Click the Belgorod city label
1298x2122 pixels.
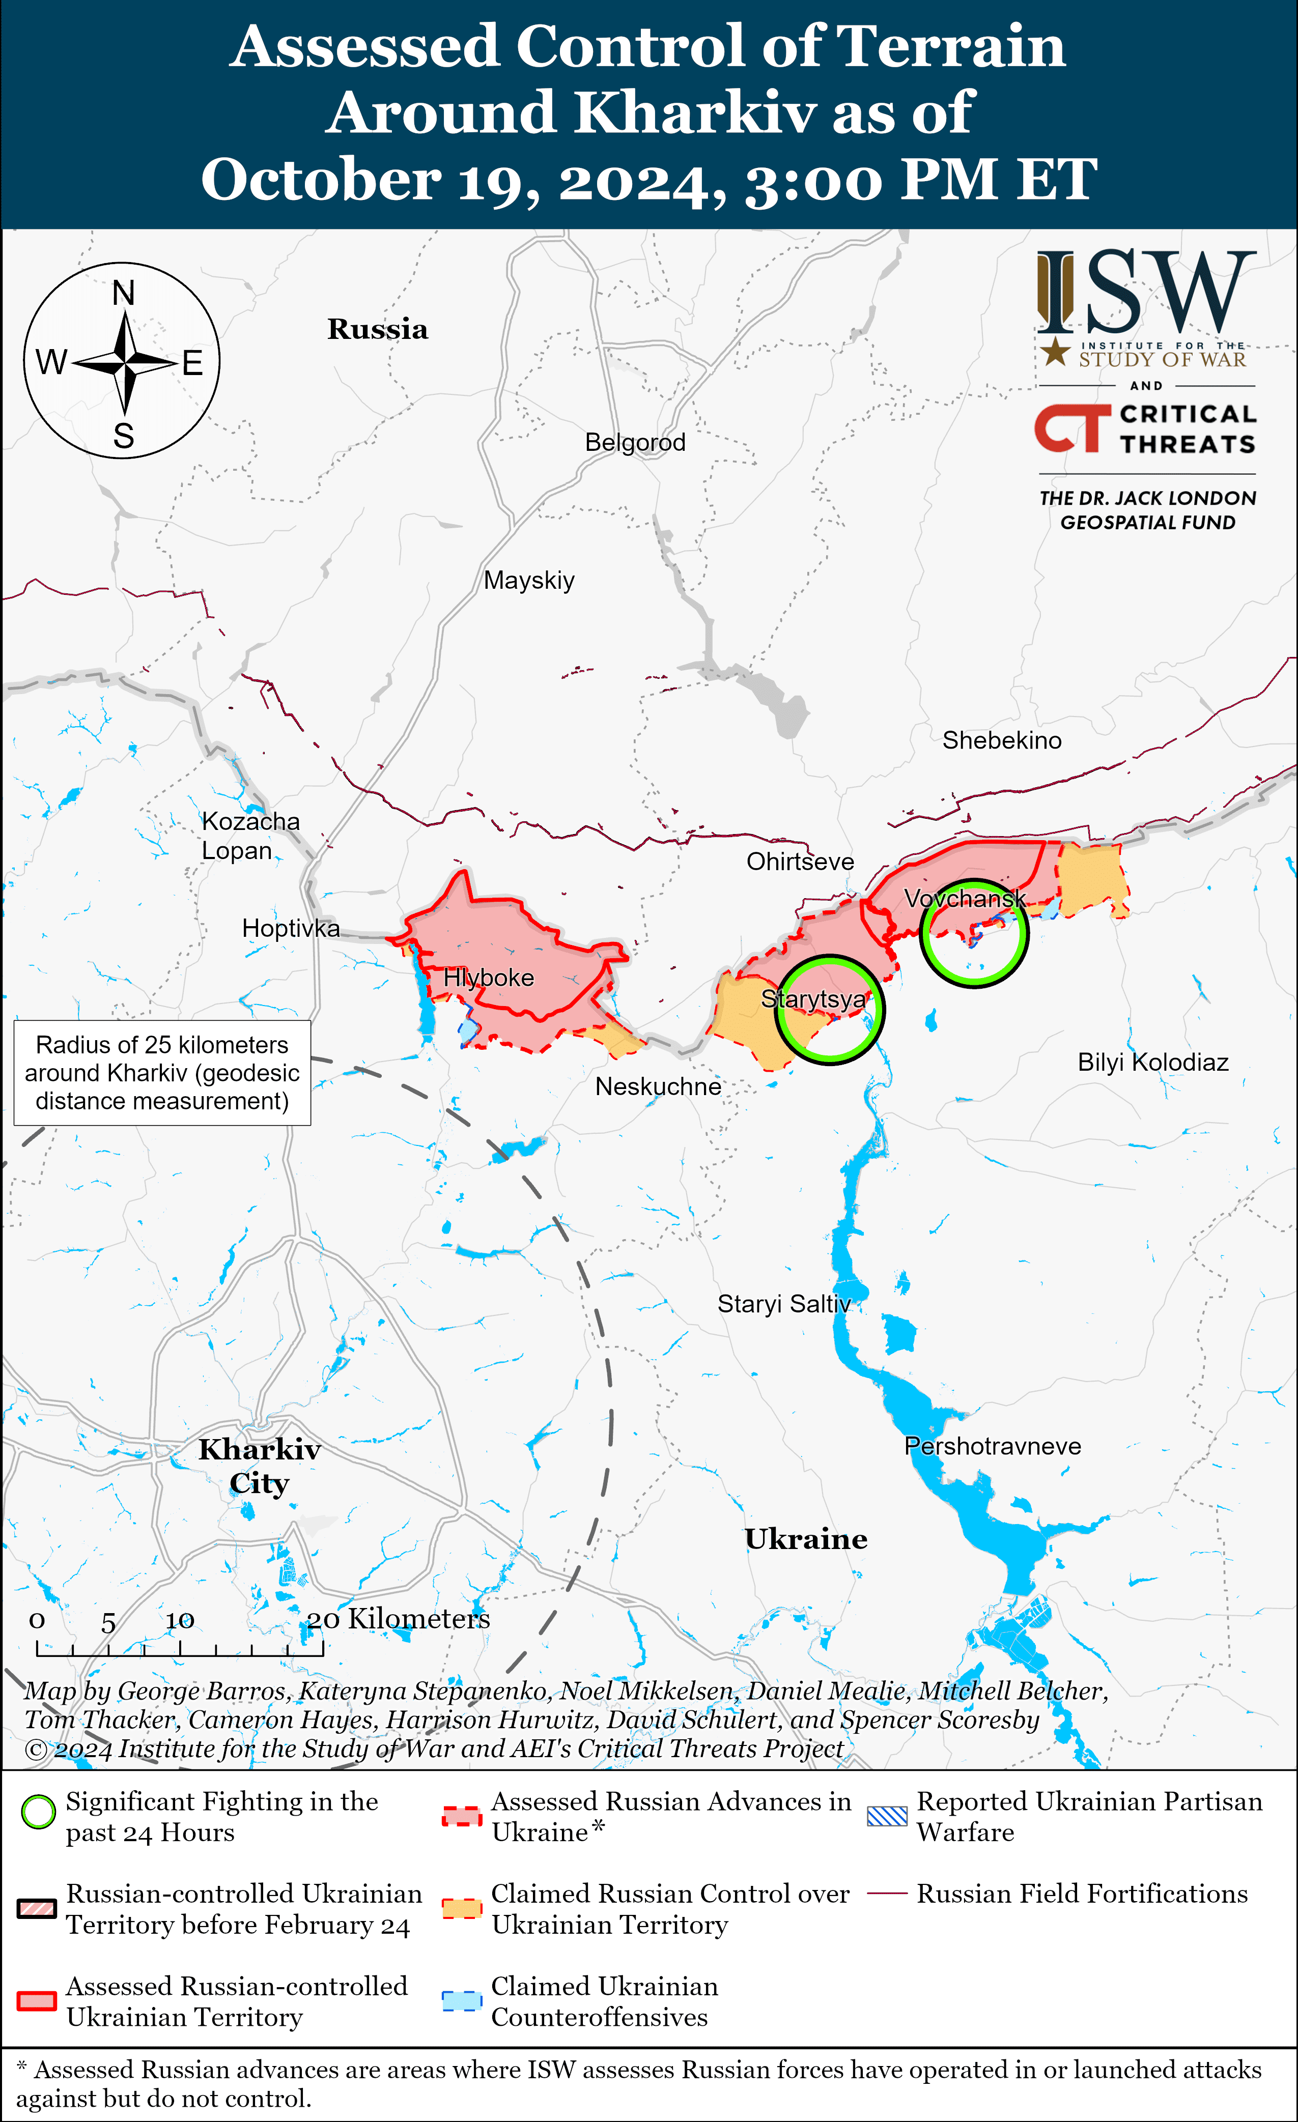[x=635, y=443]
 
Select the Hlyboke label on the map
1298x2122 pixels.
[x=488, y=979]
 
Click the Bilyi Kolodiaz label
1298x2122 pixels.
[x=1152, y=1062]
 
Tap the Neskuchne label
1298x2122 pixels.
[x=658, y=1087]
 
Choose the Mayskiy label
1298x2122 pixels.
[x=529, y=581]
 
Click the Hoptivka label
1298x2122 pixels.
[x=290, y=928]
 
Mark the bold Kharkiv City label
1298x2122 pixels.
[x=259, y=1466]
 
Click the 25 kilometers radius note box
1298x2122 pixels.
[x=162, y=1073]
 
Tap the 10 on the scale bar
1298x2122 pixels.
[x=180, y=1621]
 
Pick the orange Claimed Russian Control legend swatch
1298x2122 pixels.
[x=462, y=1908]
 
